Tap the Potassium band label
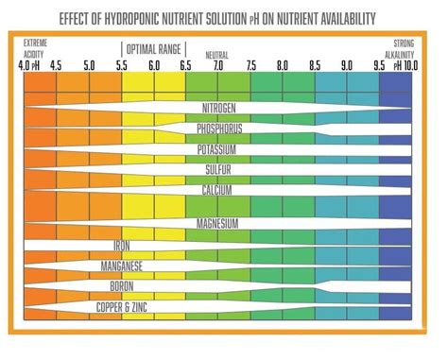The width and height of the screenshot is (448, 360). pos(216,149)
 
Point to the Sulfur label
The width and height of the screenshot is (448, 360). pos(216,170)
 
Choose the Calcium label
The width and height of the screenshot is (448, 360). pos(216,190)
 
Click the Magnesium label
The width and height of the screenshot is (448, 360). pos(216,224)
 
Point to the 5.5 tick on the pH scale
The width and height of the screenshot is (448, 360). pos(121,66)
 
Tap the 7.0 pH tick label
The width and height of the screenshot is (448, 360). pos(217,66)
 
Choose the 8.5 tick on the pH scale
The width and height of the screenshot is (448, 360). pos(315,66)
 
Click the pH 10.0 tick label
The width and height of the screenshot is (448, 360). pos(405,66)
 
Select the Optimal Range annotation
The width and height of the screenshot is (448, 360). pos(154,47)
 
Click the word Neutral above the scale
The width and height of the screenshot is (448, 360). pos(216,56)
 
